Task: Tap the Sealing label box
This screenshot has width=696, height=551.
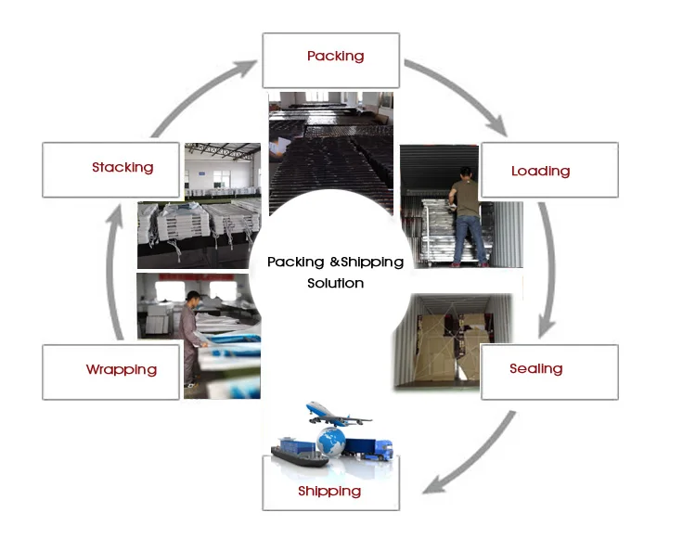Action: [549, 371]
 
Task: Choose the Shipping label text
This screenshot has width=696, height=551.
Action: [329, 491]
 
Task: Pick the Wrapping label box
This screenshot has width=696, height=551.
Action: [110, 372]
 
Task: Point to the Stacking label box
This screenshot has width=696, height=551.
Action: [111, 170]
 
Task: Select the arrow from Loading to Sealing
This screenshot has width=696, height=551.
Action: [549, 269]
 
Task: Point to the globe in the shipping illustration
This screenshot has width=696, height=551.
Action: [330, 438]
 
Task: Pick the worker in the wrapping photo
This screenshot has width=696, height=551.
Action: [191, 334]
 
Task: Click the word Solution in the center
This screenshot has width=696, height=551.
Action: [335, 283]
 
